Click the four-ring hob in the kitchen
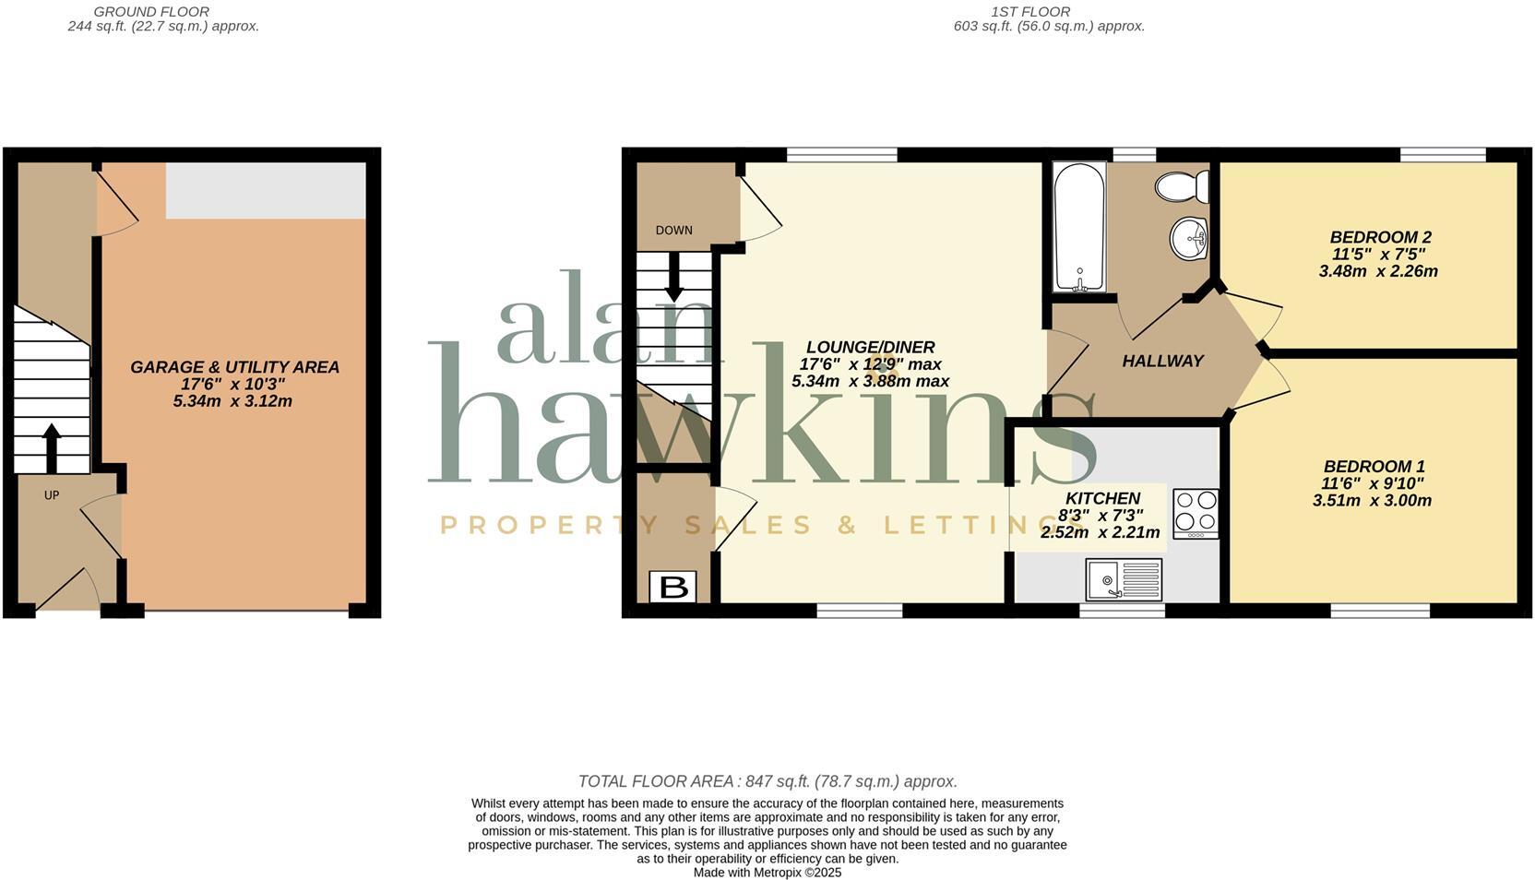[1196, 513]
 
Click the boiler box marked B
[672, 587]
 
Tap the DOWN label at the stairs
[673, 231]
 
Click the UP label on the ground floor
[52, 495]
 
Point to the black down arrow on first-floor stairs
[673, 277]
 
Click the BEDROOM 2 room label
[1380, 237]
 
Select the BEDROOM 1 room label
[1374, 467]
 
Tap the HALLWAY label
[1162, 362]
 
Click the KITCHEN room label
[1102, 498]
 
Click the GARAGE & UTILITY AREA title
[234, 367]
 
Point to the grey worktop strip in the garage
[266, 191]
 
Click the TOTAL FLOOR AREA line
[767, 781]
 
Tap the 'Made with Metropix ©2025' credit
[767, 872]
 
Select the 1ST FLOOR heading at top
[1030, 12]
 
